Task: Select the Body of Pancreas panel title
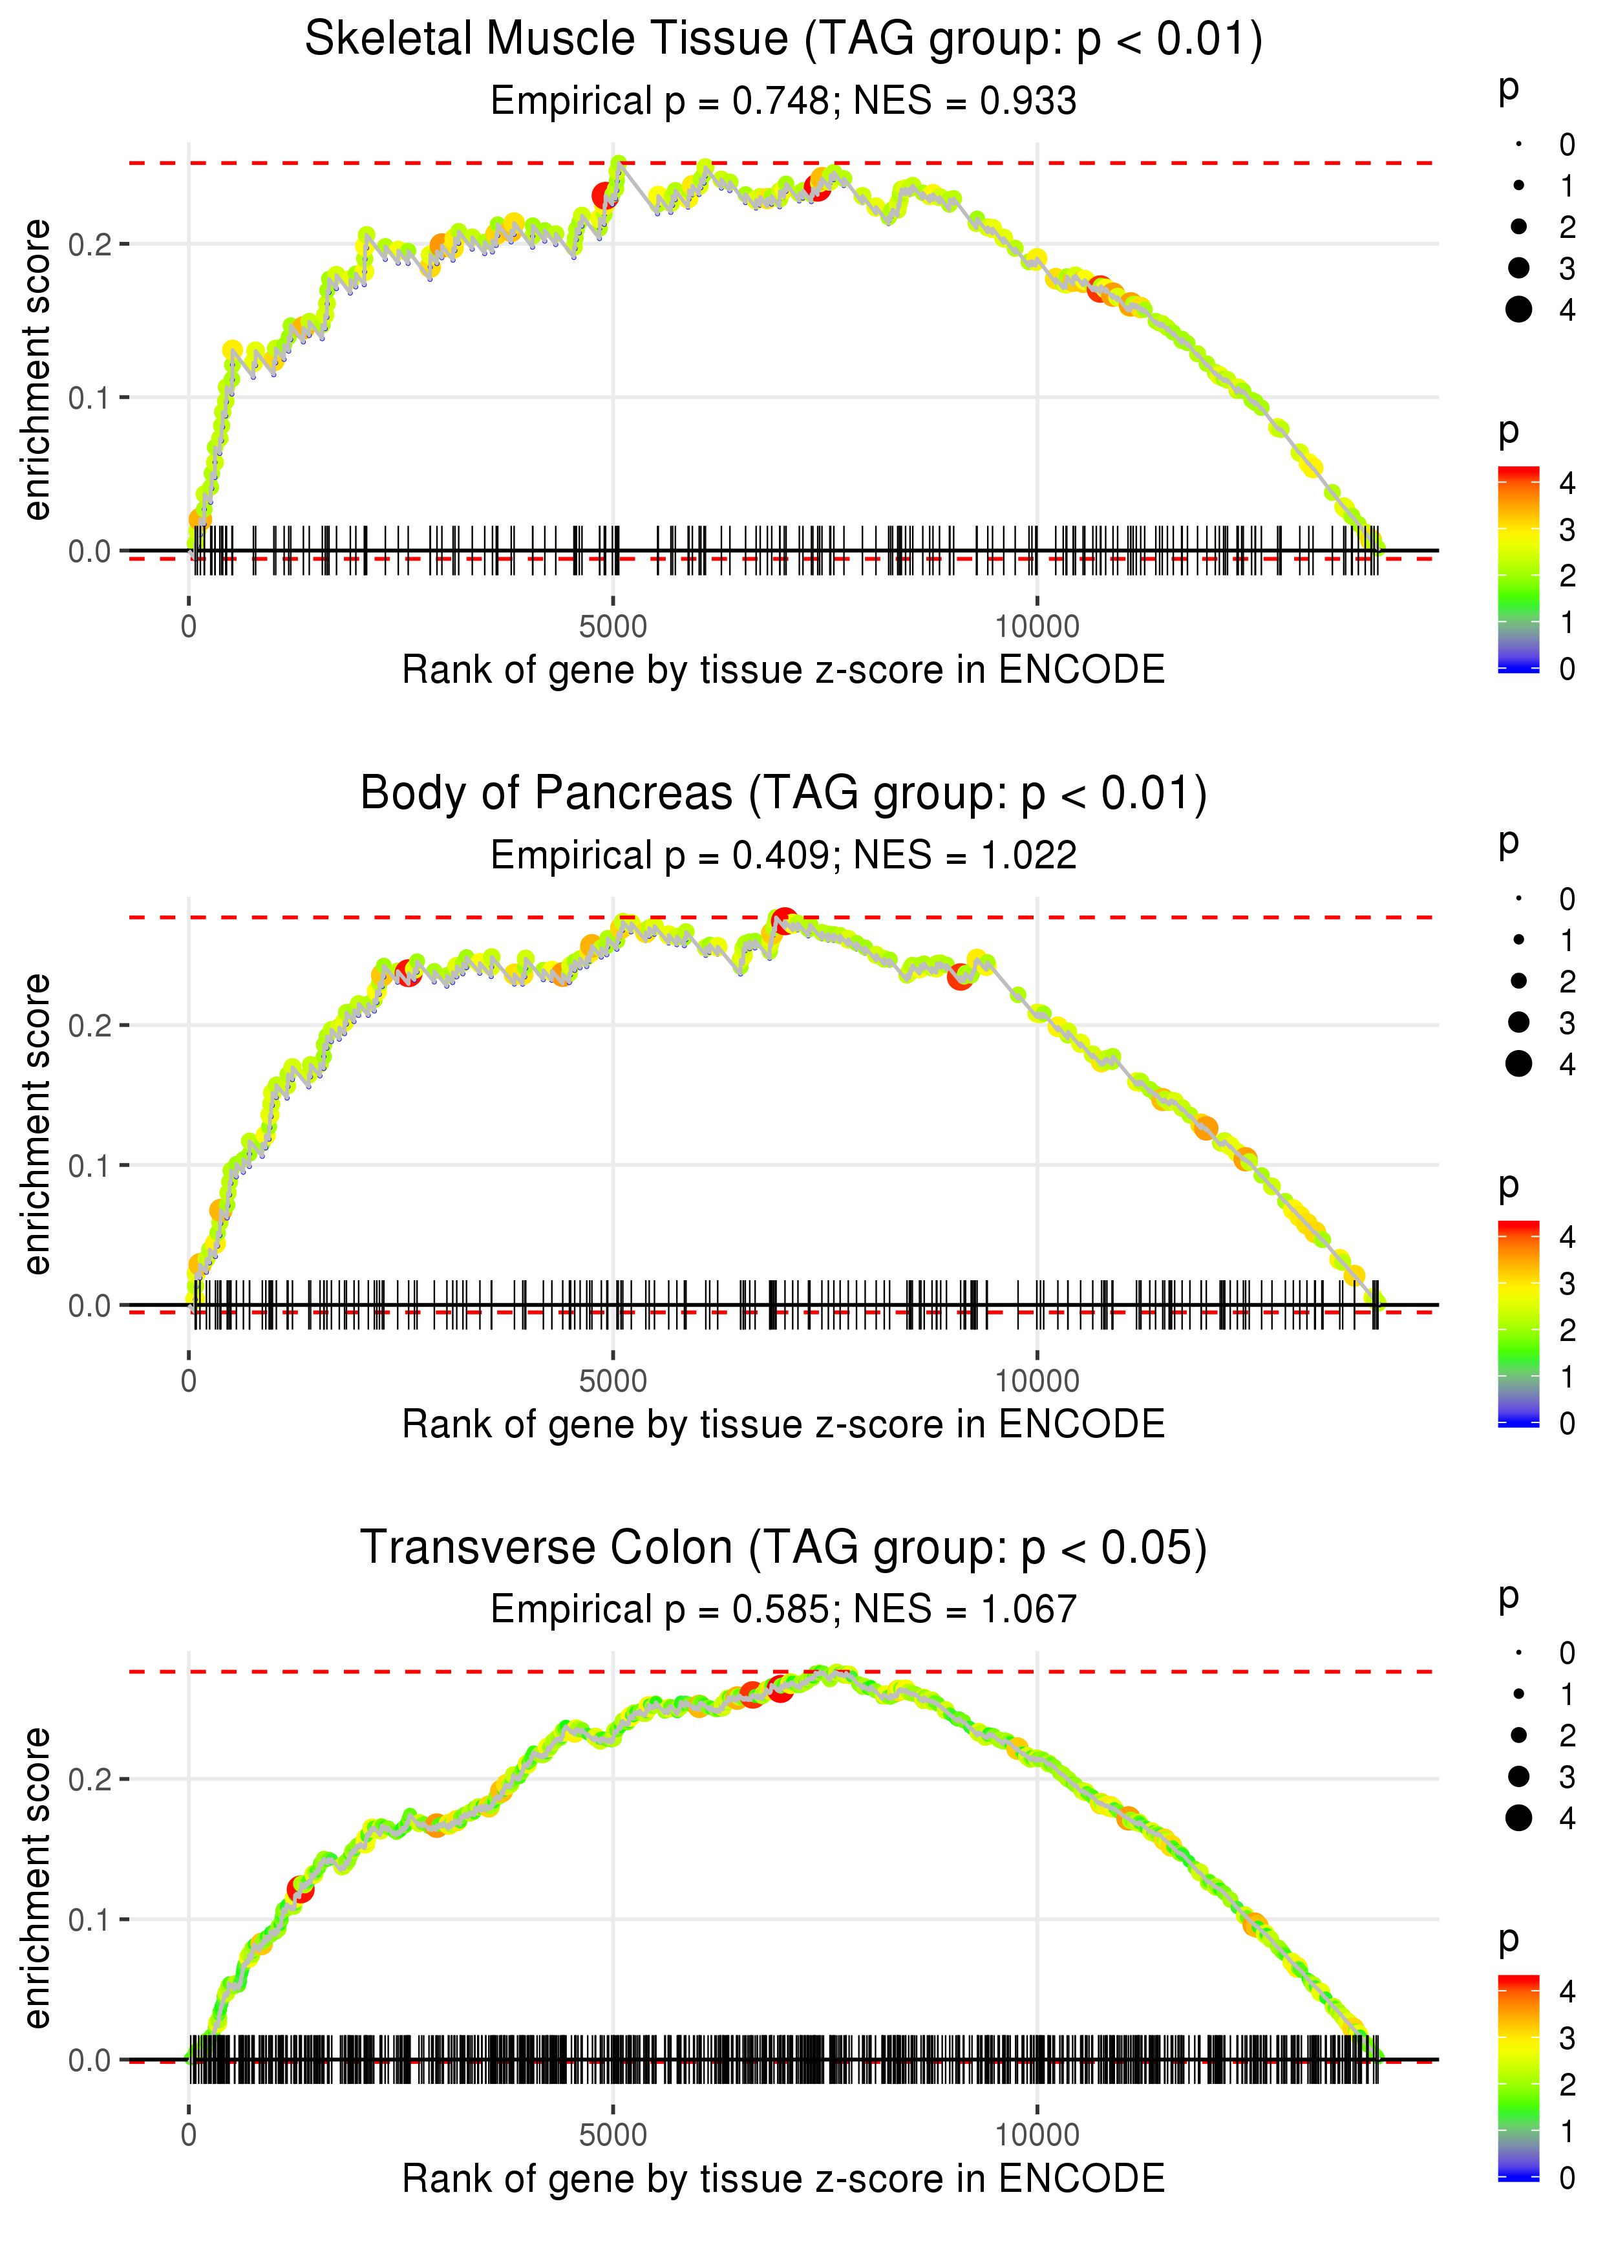coord(783,794)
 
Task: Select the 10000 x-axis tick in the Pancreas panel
coord(1037,1380)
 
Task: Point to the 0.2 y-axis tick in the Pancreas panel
coord(90,1025)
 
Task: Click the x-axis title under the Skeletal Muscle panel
coord(783,670)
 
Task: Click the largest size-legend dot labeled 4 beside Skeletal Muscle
coord(1518,310)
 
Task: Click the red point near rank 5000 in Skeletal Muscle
coord(604,196)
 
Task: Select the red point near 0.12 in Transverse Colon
coord(299,1889)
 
